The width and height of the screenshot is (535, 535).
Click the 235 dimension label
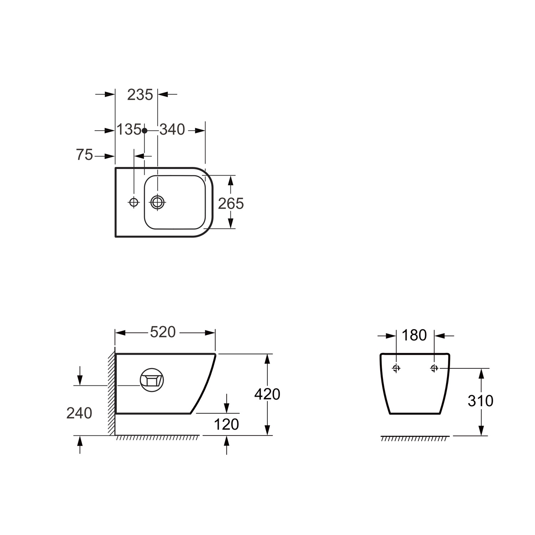click(140, 95)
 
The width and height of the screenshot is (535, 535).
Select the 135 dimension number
click(129, 130)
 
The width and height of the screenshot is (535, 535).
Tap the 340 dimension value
click(172, 130)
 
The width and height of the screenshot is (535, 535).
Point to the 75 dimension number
click(84, 155)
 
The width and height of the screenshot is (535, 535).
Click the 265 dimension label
click(231, 204)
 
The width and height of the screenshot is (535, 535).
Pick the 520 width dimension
click(163, 332)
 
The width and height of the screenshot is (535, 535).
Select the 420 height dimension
click(267, 394)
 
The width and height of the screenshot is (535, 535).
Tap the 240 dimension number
click(79, 413)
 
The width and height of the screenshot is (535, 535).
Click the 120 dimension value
click(226, 424)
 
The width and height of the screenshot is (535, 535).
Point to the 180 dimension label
click(414, 336)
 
